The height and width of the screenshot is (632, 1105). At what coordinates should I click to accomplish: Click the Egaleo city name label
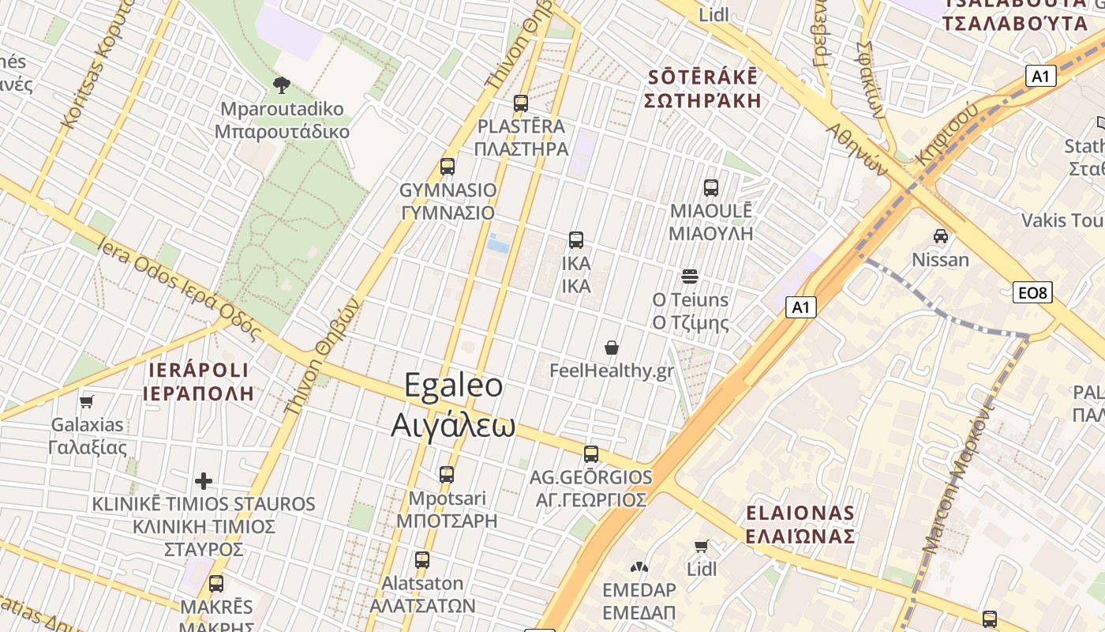(453, 385)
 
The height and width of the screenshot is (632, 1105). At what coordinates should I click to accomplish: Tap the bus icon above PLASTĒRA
(520, 103)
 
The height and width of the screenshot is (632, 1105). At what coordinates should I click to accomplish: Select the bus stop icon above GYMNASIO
(448, 167)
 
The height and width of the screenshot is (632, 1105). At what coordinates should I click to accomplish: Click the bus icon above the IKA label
(576, 240)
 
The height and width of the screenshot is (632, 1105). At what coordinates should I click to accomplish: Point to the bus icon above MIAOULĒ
(711, 188)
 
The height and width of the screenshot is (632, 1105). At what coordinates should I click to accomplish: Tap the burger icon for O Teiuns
(690, 276)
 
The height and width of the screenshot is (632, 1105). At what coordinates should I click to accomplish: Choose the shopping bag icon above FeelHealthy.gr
(612, 348)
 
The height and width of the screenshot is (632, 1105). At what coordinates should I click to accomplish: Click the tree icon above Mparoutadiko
(281, 85)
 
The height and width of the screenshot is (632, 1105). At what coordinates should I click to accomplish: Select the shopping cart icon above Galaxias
(87, 401)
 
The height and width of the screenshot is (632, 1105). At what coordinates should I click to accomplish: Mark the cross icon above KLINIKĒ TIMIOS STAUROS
(204, 480)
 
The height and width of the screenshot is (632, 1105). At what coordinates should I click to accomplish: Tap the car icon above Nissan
(940, 236)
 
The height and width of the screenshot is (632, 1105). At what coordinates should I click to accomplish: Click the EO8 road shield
(1032, 293)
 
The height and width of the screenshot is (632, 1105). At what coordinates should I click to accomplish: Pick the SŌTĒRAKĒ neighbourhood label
(702, 77)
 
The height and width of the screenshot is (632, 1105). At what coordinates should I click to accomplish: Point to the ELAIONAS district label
(800, 513)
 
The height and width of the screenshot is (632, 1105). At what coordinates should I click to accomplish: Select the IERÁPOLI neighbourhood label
(198, 371)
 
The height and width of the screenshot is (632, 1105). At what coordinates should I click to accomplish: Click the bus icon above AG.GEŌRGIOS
(591, 454)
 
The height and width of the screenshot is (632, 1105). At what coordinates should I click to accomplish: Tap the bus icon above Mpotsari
(447, 475)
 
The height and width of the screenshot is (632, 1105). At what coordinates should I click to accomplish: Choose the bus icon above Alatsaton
(422, 560)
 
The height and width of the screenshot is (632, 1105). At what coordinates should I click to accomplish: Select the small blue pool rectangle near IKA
(498, 243)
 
